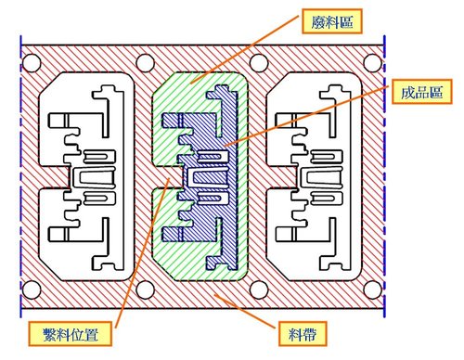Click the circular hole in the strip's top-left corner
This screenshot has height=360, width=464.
(x=32, y=65)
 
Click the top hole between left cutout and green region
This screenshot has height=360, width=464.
(x=145, y=65)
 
